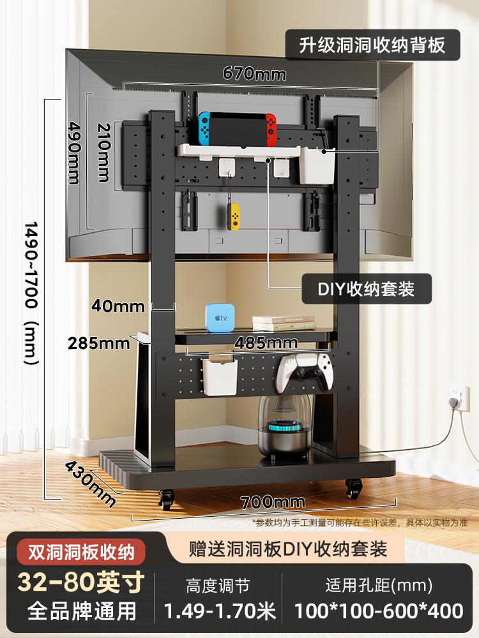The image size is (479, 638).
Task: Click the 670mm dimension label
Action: pyautogui.click(x=254, y=73)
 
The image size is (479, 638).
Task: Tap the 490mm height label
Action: pyautogui.click(x=75, y=153)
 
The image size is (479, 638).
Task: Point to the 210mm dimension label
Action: pyautogui.click(x=104, y=152)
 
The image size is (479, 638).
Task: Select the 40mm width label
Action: pyautogui.click(x=118, y=306)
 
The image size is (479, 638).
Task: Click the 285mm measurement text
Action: pyautogui.click(x=98, y=343)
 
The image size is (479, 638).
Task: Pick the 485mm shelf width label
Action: pyautogui.click(x=266, y=343)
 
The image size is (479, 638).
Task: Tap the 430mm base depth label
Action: pyautogui.click(x=91, y=483)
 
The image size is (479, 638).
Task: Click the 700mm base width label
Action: pyautogui.click(x=273, y=502)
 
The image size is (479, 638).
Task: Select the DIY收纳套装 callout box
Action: pyautogui.click(x=366, y=289)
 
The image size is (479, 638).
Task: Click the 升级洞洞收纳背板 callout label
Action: pyautogui.click(x=372, y=45)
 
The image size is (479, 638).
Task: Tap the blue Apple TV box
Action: pyautogui.click(x=220, y=318)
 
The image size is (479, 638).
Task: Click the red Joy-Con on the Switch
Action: pyautogui.click(x=271, y=130)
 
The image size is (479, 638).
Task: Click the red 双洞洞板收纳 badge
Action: pyautogui.click(x=81, y=552)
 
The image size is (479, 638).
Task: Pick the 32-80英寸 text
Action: pyautogui.click(x=81, y=582)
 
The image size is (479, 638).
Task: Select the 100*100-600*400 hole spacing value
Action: pyautogui.click(x=379, y=611)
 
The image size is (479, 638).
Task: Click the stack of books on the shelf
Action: pyautogui.click(x=284, y=323)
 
